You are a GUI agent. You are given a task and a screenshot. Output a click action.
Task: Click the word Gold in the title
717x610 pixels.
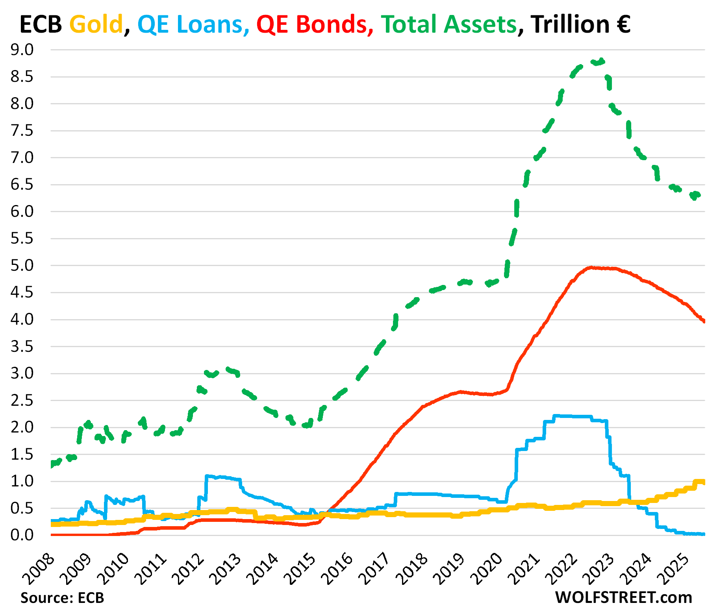click(96, 24)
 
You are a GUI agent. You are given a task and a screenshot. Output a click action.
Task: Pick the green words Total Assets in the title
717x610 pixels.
click(448, 24)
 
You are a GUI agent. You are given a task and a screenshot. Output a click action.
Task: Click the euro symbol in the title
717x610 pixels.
click(622, 24)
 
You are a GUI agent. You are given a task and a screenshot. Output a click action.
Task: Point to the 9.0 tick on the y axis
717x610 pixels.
click(22, 50)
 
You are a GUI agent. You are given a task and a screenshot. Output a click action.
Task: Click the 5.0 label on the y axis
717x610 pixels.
click(22, 266)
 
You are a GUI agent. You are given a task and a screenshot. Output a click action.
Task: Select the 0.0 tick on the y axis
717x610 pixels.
click(22, 535)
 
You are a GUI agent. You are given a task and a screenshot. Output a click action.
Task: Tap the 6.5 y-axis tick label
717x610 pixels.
click(22, 185)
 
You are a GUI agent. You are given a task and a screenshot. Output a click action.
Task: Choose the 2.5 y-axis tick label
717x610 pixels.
click(22, 401)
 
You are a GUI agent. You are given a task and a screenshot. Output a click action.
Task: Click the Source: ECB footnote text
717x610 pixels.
click(62, 598)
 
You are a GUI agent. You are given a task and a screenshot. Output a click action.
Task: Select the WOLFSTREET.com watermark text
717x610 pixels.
click(623, 597)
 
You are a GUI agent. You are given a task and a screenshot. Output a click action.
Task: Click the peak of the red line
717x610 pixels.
click(591, 268)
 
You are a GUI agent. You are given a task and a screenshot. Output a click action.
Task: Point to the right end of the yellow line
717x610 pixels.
click(704, 482)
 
